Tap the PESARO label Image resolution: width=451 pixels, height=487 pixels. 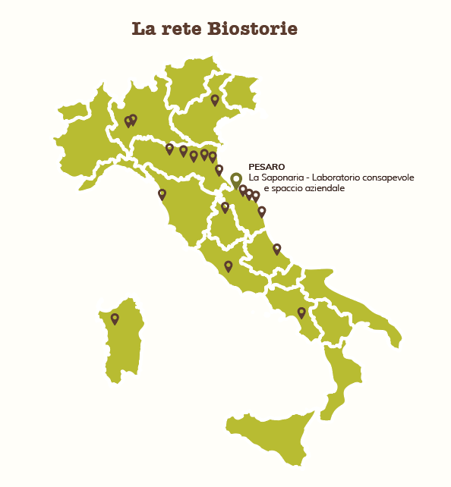pyautogui.click(x=266, y=166)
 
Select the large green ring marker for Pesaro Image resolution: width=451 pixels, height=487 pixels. pyautogui.click(x=236, y=179)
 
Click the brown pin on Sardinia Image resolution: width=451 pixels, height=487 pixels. pyautogui.click(x=115, y=319)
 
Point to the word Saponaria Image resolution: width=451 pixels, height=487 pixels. pyautogui.click(x=289, y=177)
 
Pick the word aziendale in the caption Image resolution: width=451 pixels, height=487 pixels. pyautogui.click(x=322, y=187)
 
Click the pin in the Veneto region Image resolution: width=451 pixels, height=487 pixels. pyautogui.click(x=215, y=99)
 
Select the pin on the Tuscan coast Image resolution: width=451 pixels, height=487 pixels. pyautogui.click(x=162, y=194)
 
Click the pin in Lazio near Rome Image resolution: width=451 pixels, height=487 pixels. pyautogui.click(x=228, y=265)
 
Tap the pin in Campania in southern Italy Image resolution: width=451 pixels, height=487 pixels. pyautogui.click(x=301, y=312)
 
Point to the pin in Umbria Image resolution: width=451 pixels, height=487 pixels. pyautogui.click(x=225, y=206)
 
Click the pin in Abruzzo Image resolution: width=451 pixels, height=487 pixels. pyautogui.click(x=276, y=248)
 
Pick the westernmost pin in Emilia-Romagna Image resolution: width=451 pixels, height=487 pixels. pyautogui.click(x=169, y=149)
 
